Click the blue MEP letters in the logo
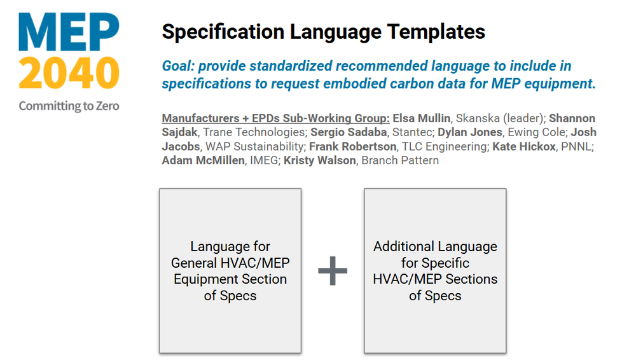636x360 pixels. [x=69, y=32]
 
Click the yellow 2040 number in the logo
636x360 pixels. [x=69, y=73]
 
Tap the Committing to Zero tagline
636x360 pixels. [x=69, y=106]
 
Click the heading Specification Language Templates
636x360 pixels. [x=323, y=31]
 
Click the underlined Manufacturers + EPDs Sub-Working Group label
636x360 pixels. [x=275, y=118]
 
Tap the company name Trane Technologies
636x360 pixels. [x=251, y=132]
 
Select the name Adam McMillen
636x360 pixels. [x=202, y=160]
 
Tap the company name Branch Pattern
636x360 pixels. [x=400, y=160]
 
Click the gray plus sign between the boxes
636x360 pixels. [x=333, y=272]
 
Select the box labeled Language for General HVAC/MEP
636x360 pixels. [x=230, y=271]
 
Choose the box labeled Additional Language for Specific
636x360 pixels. [x=435, y=271]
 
